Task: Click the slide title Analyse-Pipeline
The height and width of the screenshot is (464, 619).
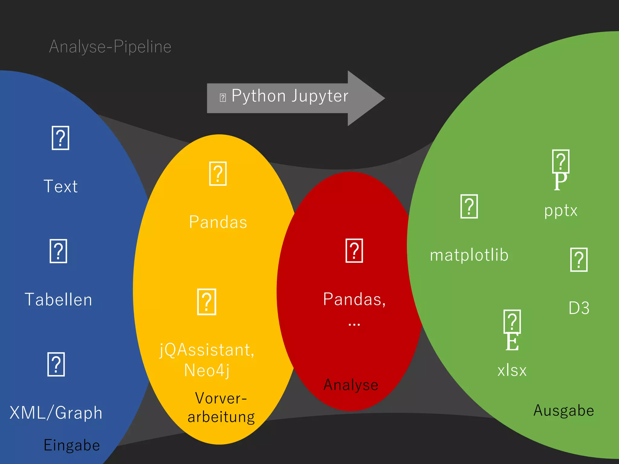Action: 110,47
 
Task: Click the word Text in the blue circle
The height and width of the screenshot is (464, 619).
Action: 61,186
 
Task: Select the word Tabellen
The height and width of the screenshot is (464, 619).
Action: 58,300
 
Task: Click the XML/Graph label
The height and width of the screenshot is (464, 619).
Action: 56,413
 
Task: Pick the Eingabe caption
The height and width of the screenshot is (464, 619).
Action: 72,445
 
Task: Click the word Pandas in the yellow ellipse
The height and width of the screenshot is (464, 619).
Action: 218,222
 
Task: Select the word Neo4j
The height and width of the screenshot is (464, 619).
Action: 207,370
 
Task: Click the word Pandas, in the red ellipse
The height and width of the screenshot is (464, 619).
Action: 354,299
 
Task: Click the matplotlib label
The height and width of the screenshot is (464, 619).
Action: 469,255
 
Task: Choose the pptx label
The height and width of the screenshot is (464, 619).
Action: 561,211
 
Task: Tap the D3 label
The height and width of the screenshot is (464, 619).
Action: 579,308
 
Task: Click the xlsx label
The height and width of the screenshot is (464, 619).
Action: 512,370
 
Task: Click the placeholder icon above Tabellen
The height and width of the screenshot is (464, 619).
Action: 58,251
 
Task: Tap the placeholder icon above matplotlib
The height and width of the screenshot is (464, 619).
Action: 469,207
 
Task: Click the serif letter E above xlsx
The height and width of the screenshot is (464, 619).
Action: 512,342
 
